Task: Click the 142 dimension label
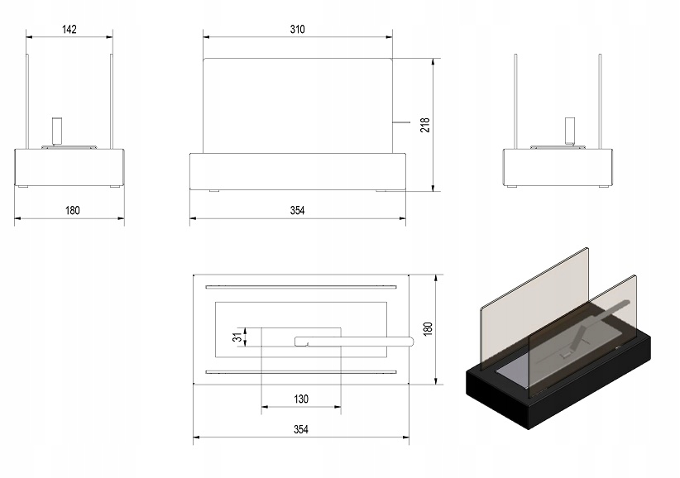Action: point(69,30)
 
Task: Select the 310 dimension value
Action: point(298,30)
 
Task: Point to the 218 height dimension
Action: point(425,125)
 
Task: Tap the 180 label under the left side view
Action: point(72,210)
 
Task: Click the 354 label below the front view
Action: point(298,210)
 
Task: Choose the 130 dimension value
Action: point(300,399)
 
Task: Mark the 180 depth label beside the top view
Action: point(427,328)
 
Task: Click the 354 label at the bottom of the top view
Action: point(300,429)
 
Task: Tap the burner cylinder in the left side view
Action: point(57,131)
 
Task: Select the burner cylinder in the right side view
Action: point(570,131)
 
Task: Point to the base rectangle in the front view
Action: point(298,170)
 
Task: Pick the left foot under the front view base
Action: point(214,191)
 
